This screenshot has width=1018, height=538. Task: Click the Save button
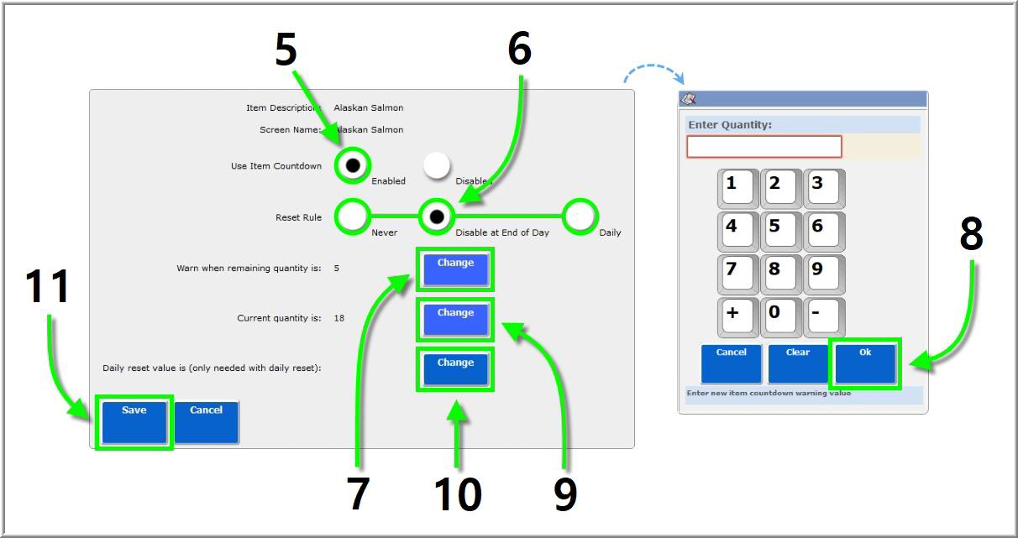click(134, 421)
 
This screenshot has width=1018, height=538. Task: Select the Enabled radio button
click(353, 165)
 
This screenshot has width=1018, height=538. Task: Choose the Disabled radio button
click(436, 165)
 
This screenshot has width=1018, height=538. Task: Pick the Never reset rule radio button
click(353, 217)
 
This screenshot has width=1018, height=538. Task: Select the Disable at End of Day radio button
click(437, 217)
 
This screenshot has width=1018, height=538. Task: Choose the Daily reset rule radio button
click(580, 217)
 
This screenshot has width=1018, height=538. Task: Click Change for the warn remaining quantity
click(455, 269)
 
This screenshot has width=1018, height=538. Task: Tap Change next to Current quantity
click(455, 319)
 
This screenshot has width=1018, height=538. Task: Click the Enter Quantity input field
click(763, 147)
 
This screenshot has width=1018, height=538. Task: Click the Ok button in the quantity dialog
click(865, 363)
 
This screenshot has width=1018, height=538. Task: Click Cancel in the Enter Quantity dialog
click(731, 363)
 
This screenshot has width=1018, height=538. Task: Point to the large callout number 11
click(48, 287)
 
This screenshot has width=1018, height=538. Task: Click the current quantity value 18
click(338, 318)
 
